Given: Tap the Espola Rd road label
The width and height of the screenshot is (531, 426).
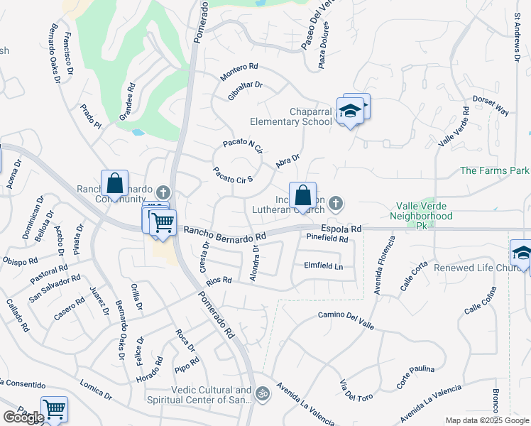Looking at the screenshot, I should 341,229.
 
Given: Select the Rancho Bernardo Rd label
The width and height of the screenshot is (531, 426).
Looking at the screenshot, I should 224,232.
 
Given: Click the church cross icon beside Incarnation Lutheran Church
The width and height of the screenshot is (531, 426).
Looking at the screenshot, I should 336,204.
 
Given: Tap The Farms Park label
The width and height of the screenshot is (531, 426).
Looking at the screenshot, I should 495,171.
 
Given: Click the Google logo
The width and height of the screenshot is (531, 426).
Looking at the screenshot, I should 23,417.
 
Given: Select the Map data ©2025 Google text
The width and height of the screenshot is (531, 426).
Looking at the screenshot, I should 487,420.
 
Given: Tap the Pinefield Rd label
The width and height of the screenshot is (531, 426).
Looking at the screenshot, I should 327,239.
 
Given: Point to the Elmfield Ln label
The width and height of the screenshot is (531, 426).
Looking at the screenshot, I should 323,267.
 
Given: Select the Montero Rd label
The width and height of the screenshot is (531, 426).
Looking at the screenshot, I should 239,70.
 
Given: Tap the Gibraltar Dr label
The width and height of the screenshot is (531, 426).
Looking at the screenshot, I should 246,90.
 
